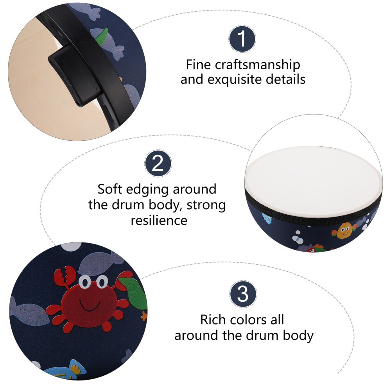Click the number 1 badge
(242, 39)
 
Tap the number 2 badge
(158, 163)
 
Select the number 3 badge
(243, 294)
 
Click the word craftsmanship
(257, 65)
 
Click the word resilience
(159, 220)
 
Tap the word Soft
(110, 189)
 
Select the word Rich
(212, 319)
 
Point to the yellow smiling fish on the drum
(344, 231)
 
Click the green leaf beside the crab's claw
(134, 292)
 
